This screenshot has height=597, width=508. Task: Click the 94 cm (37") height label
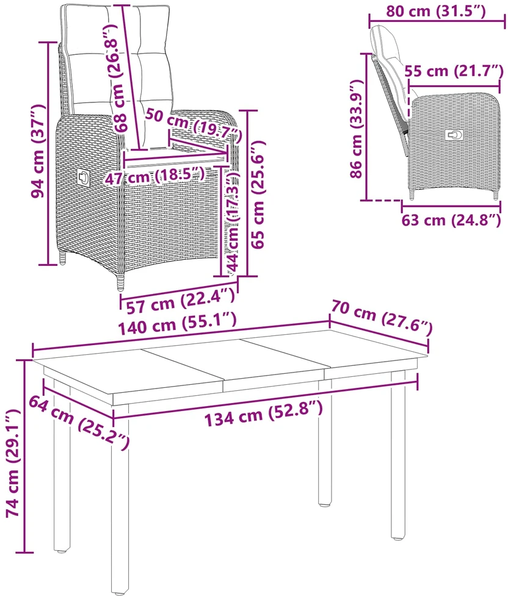[38, 151]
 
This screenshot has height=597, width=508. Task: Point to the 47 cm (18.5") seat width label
[154, 176]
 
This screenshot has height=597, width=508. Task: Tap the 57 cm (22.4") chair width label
[180, 301]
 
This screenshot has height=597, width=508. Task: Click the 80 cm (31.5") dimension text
[436, 11]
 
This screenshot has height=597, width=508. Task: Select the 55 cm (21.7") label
[454, 71]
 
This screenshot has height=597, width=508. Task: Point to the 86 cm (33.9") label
[357, 129]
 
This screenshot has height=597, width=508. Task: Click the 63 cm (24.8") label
[451, 220]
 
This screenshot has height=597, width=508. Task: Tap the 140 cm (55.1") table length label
[178, 324]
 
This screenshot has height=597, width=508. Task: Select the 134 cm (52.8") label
[264, 413]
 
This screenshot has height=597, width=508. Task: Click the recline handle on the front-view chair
[83, 177]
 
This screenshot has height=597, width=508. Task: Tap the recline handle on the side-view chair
[455, 135]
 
